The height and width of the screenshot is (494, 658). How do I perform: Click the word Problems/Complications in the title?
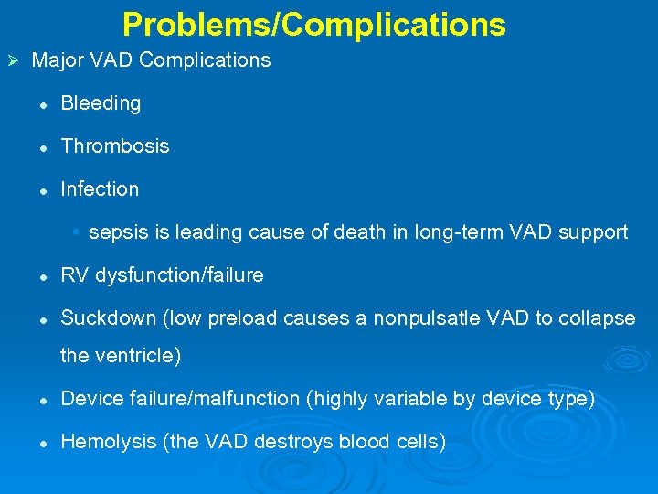tap(313, 25)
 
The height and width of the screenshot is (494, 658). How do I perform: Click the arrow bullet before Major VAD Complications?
tap(13, 61)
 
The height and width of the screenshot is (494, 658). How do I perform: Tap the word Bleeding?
tap(101, 103)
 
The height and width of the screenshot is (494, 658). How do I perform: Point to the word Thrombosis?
tap(114, 146)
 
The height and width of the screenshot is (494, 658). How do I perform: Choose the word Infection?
tap(100, 189)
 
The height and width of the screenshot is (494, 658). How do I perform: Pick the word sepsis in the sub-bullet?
tap(117, 232)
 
